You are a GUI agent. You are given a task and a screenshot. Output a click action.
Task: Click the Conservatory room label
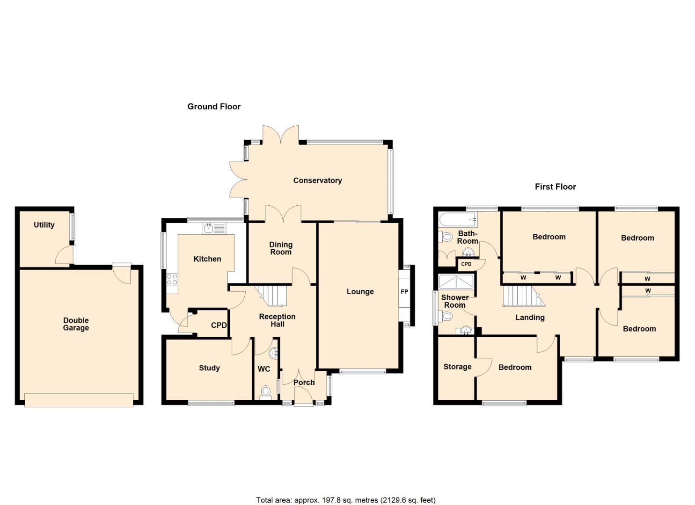pos(317,180)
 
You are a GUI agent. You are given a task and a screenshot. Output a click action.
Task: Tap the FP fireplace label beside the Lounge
pos(404,292)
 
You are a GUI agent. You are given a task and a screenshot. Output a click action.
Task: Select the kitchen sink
pos(214,228)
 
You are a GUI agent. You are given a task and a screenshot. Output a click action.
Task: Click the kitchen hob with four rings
pos(172,280)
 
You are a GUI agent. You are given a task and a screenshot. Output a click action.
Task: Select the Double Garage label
pos(76,324)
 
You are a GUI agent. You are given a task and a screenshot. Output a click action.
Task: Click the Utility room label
pos(44,225)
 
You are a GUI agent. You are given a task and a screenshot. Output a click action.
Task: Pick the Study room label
pos(209,368)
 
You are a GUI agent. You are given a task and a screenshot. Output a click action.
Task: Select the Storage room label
pos(457,367)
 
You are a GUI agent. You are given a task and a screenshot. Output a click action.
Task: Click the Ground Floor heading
pos(214,107)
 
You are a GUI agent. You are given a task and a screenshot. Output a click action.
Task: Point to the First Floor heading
pos(555,187)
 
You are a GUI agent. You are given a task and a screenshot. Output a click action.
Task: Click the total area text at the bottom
pos(345,500)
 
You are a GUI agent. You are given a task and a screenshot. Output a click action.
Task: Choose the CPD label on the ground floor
pos(219,325)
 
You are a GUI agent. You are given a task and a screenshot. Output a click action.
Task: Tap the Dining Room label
pos(281,248)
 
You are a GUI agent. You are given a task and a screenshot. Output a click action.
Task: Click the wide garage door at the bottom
pos(79,400)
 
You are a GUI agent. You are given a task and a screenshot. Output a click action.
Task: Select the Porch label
pos(304,382)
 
